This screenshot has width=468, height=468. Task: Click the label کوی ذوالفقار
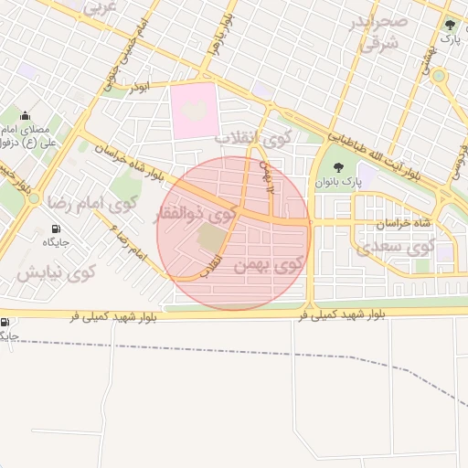(x=197, y=216)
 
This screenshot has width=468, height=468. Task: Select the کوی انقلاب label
(x=251, y=138)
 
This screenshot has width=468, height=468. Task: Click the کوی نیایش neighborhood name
(x=56, y=271)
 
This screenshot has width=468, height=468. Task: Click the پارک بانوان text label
(x=340, y=182)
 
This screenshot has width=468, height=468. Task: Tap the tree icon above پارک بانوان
(x=339, y=166)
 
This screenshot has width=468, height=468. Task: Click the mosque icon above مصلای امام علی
(x=25, y=115)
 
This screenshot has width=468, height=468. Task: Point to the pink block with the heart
(x=194, y=111)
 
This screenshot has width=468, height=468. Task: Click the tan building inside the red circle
(x=211, y=239)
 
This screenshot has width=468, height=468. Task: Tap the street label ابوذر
(x=138, y=85)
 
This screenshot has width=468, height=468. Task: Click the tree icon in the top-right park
(x=448, y=25)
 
